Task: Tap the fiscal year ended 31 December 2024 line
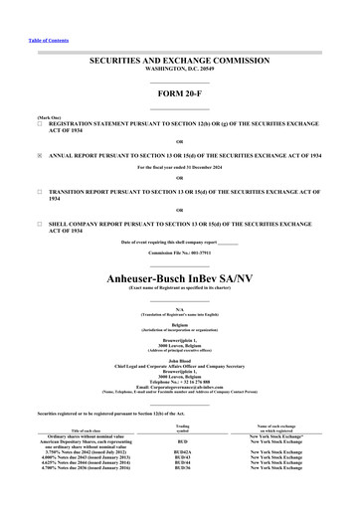180,167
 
